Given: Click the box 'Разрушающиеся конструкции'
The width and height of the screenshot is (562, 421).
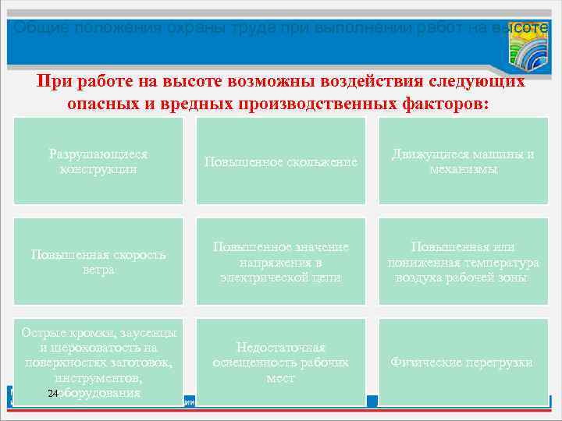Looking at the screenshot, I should click(x=98, y=161).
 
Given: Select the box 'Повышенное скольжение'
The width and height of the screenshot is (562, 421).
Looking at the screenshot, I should click(x=281, y=161).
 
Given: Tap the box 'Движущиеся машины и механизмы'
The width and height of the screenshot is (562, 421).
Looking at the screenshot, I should click(x=464, y=161).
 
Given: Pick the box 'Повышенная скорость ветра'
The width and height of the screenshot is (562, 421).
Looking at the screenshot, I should click(x=98, y=262).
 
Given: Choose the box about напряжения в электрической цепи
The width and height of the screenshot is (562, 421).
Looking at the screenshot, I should click(x=281, y=261).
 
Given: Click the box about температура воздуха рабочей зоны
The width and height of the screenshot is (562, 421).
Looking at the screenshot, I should click(x=464, y=261).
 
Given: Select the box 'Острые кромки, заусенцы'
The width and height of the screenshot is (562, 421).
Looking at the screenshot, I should click(x=98, y=362).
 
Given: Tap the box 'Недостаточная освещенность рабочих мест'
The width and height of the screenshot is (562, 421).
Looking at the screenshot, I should click(x=281, y=362).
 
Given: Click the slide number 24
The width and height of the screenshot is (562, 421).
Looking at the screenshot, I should click(x=52, y=394).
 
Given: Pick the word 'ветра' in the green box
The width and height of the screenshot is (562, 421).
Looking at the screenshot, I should click(x=98, y=270).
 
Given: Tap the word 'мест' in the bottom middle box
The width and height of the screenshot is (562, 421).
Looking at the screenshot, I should click(x=281, y=378).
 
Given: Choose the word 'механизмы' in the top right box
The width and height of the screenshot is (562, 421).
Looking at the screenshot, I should click(x=464, y=168).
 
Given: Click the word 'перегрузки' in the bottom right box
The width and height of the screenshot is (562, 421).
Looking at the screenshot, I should click(x=496, y=363).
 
